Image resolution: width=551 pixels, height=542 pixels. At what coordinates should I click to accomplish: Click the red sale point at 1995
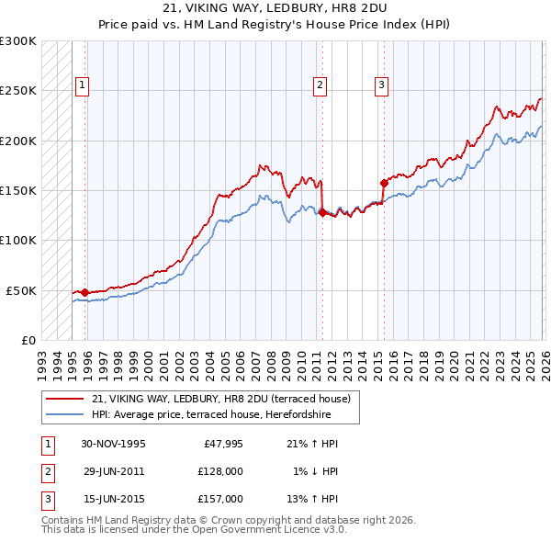click(x=85, y=292)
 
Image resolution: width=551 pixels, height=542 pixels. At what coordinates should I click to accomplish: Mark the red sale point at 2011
click(x=322, y=212)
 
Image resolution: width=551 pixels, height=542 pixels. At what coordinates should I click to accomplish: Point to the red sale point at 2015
click(x=383, y=183)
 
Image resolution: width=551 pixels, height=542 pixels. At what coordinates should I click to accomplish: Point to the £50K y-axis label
click(x=21, y=290)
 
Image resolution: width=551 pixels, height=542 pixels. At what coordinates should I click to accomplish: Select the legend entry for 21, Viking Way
click(x=220, y=399)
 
